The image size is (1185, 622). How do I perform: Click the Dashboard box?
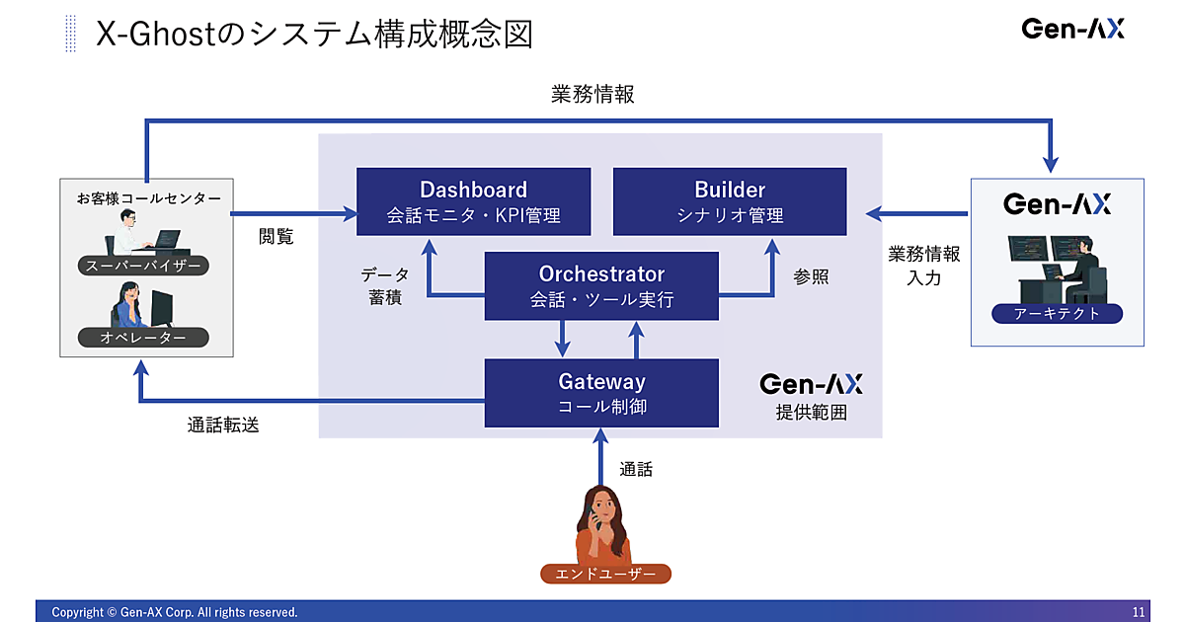pyautogui.click(x=473, y=201)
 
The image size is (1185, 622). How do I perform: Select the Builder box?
pyautogui.click(x=730, y=201)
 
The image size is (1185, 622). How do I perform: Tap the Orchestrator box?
pyautogui.click(x=601, y=285)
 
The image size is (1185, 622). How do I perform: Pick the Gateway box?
pyautogui.click(x=601, y=392)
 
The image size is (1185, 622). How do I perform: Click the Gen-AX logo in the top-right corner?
pyautogui.click(x=1072, y=29)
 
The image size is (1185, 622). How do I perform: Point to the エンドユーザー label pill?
pyautogui.click(x=605, y=574)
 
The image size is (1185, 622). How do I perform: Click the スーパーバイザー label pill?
pyautogui.click(x=143, y=266)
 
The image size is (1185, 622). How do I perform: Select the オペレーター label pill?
pyautogui.click(x=143, y=338)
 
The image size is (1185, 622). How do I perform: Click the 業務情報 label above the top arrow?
pyautogui.click(x=592, y=95)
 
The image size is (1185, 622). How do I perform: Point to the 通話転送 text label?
pyautogui.click(x=224, y=426)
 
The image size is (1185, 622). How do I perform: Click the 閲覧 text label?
pyautogui.click(x=276, y=237)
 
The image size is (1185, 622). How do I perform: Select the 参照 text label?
pyautogui.click(x=811, y=277)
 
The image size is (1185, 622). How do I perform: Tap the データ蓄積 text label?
pyautogui.click(x=384, y=286)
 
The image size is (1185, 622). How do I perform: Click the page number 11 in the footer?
pyautogui.click(x=1139, y=612)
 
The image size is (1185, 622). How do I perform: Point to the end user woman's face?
pyautogui.click(x=603, y=507)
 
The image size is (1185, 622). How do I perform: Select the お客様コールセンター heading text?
pyautogui.click(x=148, y=198)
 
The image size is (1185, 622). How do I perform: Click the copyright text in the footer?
pyautogui.click(x=174, y=612)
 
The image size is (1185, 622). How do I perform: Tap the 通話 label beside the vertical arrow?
pyautogui.click(x=636, y=470)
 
